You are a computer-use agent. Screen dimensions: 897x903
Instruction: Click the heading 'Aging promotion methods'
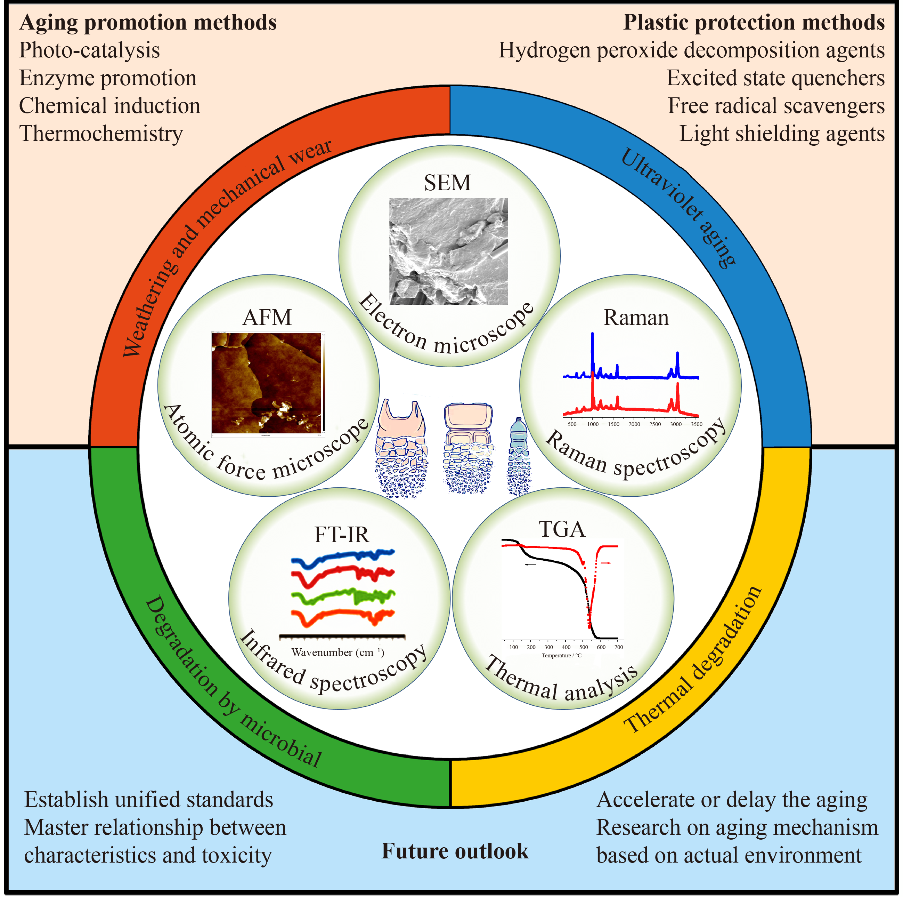tap(148, 23)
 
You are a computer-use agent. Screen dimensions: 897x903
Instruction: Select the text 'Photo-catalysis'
tap(89, 50)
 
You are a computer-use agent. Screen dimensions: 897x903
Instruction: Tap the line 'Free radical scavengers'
tap(775, 106)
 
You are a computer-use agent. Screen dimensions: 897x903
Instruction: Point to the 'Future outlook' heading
tap(454, 851)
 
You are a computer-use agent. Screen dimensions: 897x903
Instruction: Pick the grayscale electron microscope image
tap(448, 251)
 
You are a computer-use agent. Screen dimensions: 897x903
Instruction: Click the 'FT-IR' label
tap(342, 535)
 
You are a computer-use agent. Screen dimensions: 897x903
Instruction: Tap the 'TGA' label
tap(562, 529)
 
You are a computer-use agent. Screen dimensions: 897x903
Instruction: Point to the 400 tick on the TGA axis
tap(566, 647)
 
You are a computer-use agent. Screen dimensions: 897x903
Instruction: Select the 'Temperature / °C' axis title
tap(561, 656)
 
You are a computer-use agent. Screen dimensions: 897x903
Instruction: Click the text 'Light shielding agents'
tap(781, 134)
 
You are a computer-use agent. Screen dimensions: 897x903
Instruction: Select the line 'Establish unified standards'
tap(149, 799)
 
